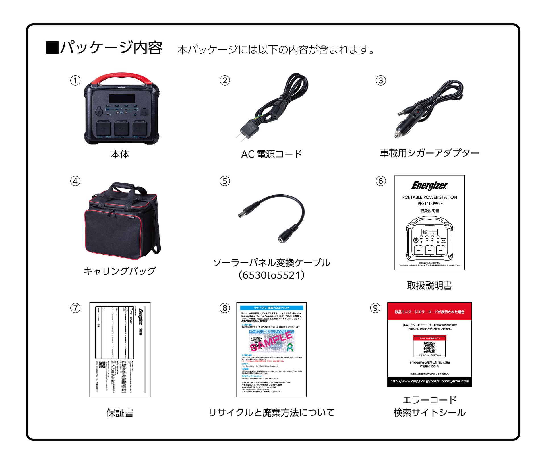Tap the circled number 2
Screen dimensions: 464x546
[x=225, y=80]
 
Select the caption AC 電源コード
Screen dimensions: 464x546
[x=271, y=154]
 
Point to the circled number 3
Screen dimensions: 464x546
[x=381, y=80]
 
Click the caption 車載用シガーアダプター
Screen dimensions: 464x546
[x=429, y=153]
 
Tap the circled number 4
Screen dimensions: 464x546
[x=75, y=181]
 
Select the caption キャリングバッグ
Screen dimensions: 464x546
[x=120, y=271]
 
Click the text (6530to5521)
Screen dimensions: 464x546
[x=271, y=275]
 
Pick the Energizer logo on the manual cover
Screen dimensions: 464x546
[x=429, y=185]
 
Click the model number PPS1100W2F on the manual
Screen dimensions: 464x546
[x=430, y=204]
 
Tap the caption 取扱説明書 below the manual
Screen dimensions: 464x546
[x=429, y=285]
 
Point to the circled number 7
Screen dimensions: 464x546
[x=75, y=308]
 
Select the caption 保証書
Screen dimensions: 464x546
[x=120, y=412]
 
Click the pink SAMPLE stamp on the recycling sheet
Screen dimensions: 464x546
[x=272, y=341]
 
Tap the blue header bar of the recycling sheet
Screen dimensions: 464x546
[x=272, y=308]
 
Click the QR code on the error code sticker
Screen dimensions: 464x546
[x=429, y=347]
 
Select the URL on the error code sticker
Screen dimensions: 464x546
[x=429, y=381]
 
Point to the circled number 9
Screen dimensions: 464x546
[x=375, y=308]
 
